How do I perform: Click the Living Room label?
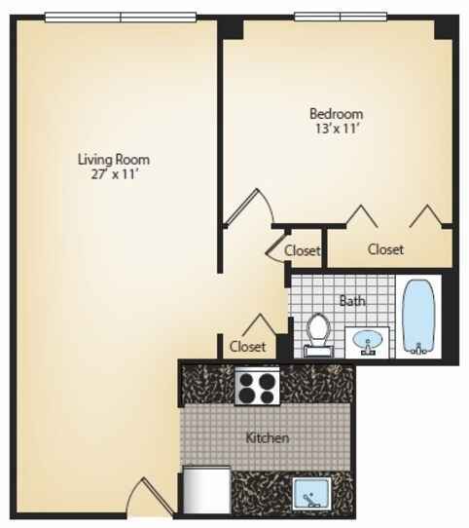pos(114,159)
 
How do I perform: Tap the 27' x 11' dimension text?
pos(115,174)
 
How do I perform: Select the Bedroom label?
pos(336,113)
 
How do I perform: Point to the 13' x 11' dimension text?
pos(336,129)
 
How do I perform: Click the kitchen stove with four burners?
pos(257,386)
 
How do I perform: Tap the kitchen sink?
pos(311,494)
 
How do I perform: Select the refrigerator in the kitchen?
pos(206,490)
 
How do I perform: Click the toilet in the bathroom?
pos(318,335)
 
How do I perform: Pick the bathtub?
pos(418,317)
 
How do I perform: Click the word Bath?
pos(352,300)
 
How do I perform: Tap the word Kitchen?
pos(268,437)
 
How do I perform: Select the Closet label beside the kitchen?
pos(247,346)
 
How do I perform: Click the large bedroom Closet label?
pos(385,249)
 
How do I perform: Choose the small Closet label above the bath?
pos(302,250)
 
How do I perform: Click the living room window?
pos(121,17)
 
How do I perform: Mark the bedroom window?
pos(341,17)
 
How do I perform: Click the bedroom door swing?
pos(249,207)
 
